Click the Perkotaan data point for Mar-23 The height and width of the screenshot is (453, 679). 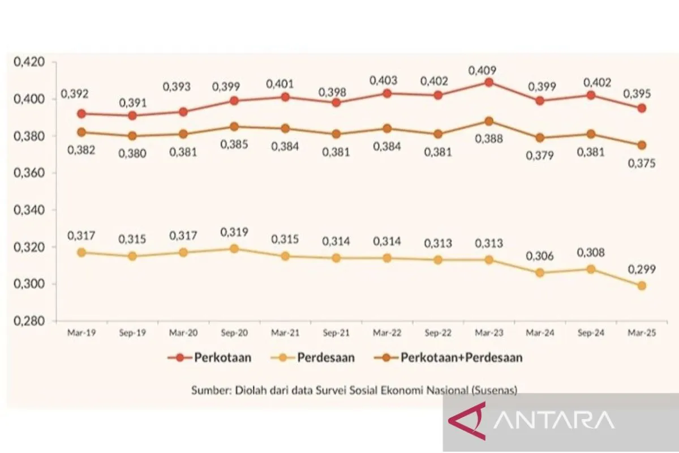[489, 82]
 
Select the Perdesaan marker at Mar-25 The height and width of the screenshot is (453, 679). [642, 286]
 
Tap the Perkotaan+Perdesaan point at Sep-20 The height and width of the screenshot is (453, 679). [234, 126]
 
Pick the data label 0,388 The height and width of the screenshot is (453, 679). [488, 138]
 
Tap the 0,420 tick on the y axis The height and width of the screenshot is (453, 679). [29, 62]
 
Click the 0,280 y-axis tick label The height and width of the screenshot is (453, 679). [29, 321]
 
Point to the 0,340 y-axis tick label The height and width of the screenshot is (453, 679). [29, 210]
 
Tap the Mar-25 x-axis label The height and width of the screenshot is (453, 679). [642, 334]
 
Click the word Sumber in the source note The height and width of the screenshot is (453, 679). [209, 390]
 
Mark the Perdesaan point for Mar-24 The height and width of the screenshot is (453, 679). [540, 272]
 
